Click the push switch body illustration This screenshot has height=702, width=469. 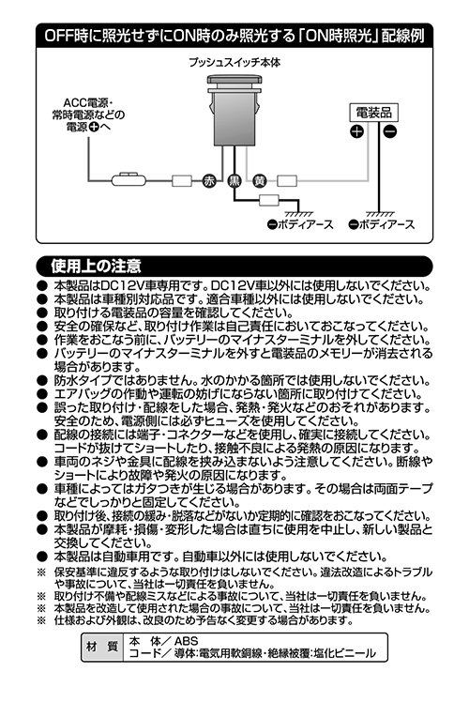[234, 111]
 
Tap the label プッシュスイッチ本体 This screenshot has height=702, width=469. [234, 63]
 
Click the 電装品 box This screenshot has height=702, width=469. [373, 113]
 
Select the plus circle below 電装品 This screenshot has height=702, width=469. [356, 132]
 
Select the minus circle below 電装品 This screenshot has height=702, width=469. [390, 132]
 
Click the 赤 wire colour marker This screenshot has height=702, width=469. [209, 181]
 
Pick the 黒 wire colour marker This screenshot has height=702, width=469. [234, 181]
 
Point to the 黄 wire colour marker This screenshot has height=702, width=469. [260, 181]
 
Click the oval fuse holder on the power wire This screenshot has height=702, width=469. [129, 180]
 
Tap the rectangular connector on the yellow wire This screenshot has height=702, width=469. [287, 181]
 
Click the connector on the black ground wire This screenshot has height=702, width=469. [269, 200]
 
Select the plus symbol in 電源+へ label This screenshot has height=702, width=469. [94, 127]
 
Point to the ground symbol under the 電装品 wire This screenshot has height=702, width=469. [380, 214]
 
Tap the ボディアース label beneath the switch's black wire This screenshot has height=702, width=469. [300, 224]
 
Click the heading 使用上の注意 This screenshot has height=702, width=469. [97, 266]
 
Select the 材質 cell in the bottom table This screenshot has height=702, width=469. [102, 647]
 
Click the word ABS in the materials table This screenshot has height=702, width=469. [186, 641]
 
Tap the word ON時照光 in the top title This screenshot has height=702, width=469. [340, 35]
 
